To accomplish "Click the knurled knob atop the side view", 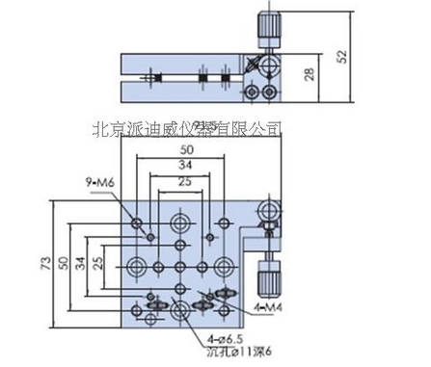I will pyautogui.click(x=268, y=22).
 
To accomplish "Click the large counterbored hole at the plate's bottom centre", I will pyautogui.click(x=180, y=307).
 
